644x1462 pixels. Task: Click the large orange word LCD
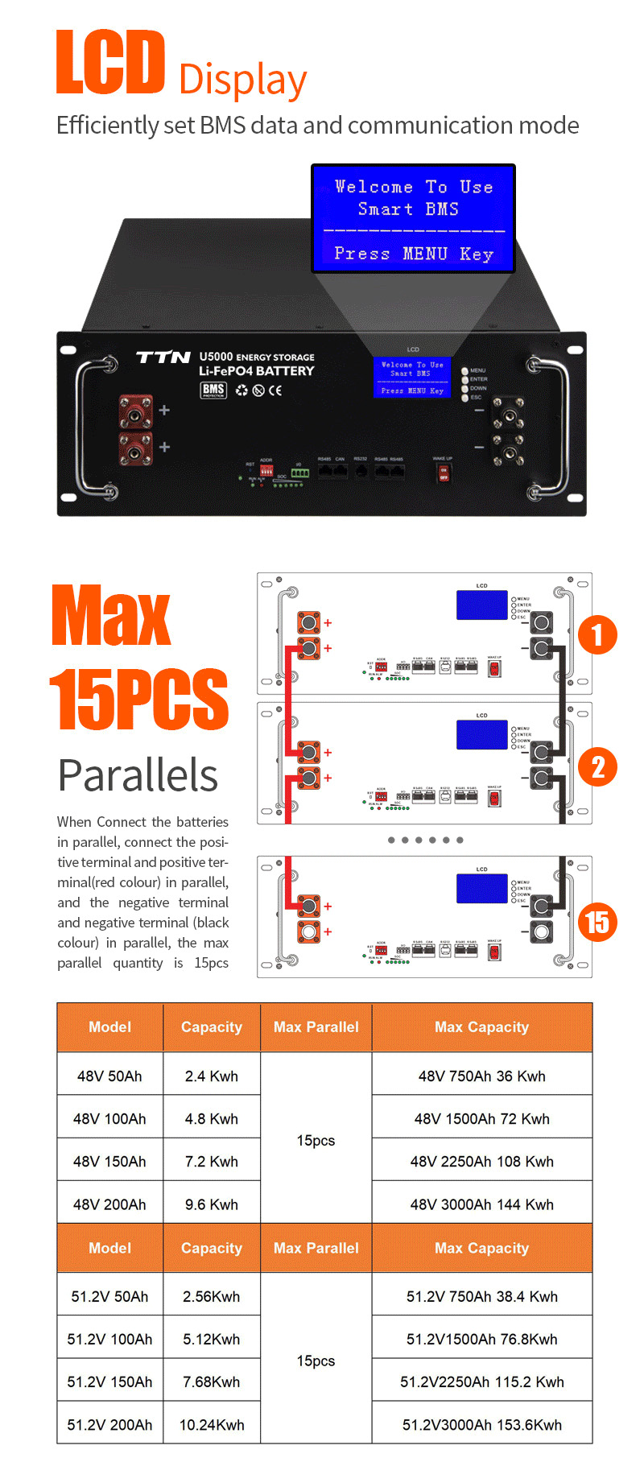(110, 61)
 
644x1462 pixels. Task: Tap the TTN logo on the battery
(163, 357)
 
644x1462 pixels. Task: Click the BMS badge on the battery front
(213, 390)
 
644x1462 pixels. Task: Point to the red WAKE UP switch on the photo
(443, 473)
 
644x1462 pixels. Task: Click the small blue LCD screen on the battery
(411, 378)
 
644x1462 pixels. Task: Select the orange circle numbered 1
(597, 635)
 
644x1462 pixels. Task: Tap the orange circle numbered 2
(597, 767)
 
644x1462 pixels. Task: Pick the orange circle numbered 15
(597, 922)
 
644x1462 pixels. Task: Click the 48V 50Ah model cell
(109, 1076)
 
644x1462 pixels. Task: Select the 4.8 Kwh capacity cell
(212, 1119)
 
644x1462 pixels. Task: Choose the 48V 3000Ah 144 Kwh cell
(481, 1204)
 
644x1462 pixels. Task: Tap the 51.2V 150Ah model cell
(109, 1381)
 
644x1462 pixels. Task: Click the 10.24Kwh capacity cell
(212, 1424)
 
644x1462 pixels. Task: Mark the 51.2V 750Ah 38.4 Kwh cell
(481, 1296)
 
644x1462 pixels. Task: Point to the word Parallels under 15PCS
(138, 776)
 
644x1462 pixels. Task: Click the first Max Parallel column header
(316, 1027)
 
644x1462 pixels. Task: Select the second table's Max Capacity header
(481, 1248)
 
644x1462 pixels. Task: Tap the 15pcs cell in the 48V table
(316, 1140)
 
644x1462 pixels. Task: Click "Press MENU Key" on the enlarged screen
(413, 254)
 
